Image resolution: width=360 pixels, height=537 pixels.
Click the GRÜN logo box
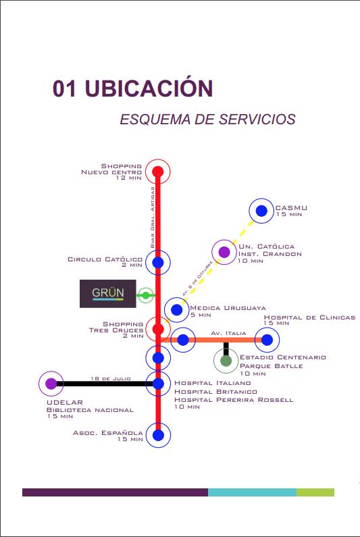108,294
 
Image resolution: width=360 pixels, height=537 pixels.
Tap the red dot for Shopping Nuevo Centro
158,172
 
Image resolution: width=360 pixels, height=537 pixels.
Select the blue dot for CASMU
261,211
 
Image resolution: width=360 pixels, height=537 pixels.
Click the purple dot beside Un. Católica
224,252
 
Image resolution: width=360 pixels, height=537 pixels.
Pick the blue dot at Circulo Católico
158,262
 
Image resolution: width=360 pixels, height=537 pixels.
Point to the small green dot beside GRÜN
146,295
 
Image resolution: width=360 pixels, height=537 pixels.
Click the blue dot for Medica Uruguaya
177,310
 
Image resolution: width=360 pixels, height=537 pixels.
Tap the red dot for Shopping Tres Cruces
158,329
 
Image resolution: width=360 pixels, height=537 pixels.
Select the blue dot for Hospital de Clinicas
267,340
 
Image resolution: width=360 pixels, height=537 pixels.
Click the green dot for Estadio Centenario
226,361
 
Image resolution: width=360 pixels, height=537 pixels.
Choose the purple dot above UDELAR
51,384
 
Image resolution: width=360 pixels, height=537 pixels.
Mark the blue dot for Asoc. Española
158,435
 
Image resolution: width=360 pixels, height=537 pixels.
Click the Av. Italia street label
228,333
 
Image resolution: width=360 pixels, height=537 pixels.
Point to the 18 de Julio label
111,378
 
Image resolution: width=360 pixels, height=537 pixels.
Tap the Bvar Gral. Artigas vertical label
153,218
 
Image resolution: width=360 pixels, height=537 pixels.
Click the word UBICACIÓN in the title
149,88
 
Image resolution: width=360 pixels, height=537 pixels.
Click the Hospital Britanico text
215,392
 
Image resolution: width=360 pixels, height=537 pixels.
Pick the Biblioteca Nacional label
90,410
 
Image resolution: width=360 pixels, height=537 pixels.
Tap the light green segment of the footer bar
315,492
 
